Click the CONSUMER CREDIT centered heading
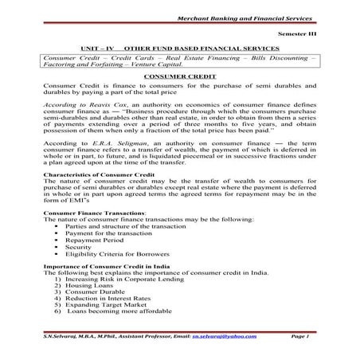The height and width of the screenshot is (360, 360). (x=181, y=75)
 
